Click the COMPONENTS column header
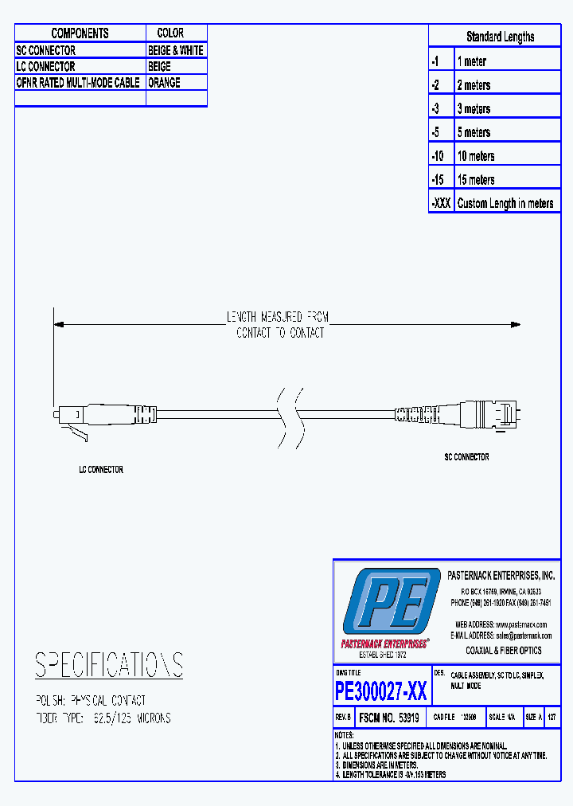80,33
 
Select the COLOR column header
170,33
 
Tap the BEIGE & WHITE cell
176,50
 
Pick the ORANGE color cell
164,83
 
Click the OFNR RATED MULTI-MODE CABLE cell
78,83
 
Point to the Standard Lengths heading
500,37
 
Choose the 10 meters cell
476,156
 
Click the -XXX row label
441,203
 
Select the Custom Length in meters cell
505,203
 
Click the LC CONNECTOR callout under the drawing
101,470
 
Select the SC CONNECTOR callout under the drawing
466,457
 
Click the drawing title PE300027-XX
381,691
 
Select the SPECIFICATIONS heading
109,665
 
